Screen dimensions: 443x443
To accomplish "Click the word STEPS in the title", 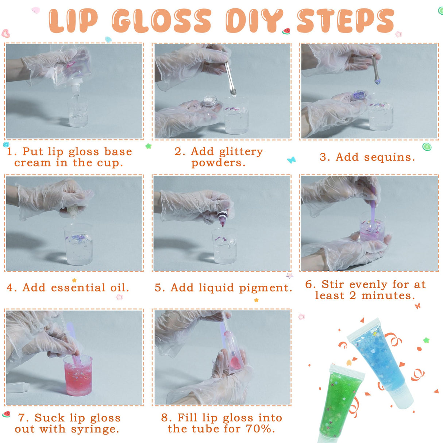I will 345,21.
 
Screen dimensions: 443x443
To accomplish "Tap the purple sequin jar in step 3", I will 359,96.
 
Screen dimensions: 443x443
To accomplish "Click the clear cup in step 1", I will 77,112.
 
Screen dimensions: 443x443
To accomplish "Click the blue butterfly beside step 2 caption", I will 291,160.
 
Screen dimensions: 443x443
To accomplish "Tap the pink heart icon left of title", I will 6,34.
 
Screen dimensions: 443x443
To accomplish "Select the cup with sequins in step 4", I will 78,244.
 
